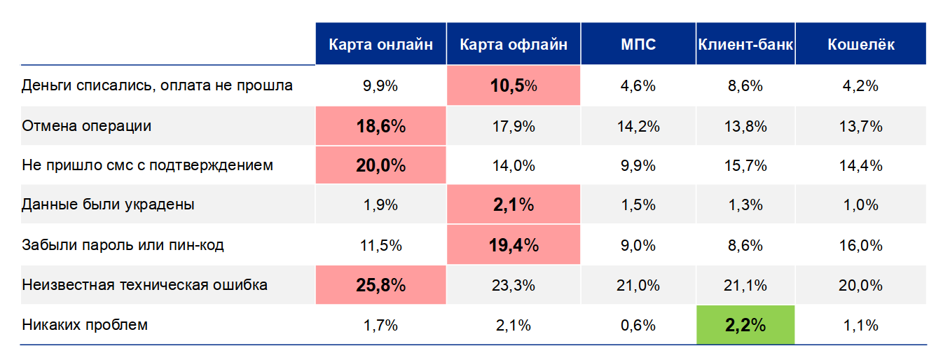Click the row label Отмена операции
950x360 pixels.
(x=87, y=126)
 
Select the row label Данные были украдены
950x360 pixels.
(x=108, y=205)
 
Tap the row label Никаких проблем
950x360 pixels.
(x=85, y=325)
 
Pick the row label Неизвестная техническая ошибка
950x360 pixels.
(x=144, y=285)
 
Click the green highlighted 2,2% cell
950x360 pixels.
(x=745, y=325)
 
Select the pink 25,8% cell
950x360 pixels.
(x=380, y=285)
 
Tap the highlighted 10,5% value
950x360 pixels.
(x=514, y=86)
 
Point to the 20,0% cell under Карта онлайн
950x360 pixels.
(x=380, y=166)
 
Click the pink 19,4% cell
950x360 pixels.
(x=514, y=245)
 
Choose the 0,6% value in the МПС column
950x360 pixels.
(x=638, y=325)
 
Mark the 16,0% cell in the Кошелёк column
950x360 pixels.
(x=861, y=245)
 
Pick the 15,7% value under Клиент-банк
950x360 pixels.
(x=745, y=166)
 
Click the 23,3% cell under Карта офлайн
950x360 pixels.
(x=514, y=285)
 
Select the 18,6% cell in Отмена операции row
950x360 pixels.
(x=380, y=126)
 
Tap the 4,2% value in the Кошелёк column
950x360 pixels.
(x=861, y=86)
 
